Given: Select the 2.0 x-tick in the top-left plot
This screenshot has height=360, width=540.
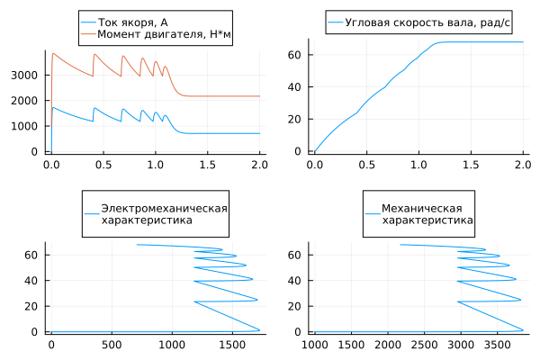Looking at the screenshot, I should (x=259, y=166).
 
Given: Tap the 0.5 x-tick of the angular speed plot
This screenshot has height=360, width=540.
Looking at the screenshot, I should (x=366, y=166).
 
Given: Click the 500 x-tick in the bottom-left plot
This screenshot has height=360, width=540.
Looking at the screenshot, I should (x=112, y=345).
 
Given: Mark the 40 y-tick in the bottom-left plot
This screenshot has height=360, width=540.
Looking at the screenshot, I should (x=34, y=281).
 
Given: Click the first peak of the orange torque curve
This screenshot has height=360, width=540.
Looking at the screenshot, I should (x=53, y=53).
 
